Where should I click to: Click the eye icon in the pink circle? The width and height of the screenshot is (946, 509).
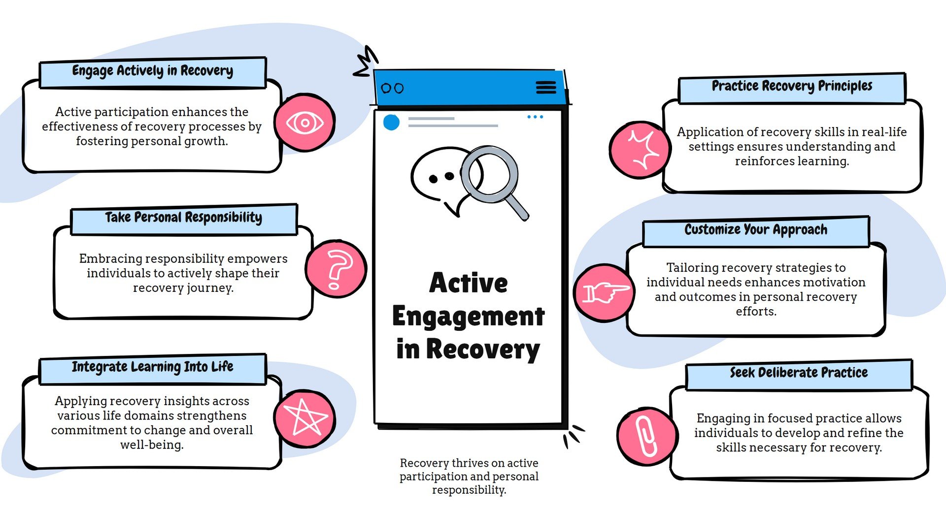coord(305,123)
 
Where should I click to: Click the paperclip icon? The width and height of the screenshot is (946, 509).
coord(646,436)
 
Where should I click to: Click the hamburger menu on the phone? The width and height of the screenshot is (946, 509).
coord(546,88)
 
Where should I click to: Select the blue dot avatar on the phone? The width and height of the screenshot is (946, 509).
coord(391,122)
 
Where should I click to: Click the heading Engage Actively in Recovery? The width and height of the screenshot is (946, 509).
coord(153,71)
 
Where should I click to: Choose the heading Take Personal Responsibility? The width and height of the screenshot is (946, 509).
coord(183,218)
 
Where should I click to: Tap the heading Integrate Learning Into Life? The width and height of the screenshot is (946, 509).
coord(153,367)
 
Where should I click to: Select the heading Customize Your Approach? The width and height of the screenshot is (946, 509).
coord(756,230)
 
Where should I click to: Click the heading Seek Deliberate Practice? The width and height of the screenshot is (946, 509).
coord(799,373)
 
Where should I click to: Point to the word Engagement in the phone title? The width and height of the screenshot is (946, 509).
coord(468,317)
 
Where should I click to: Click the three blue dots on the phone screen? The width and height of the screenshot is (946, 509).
coord(535,117)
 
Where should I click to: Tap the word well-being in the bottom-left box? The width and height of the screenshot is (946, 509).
coord(152,445)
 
